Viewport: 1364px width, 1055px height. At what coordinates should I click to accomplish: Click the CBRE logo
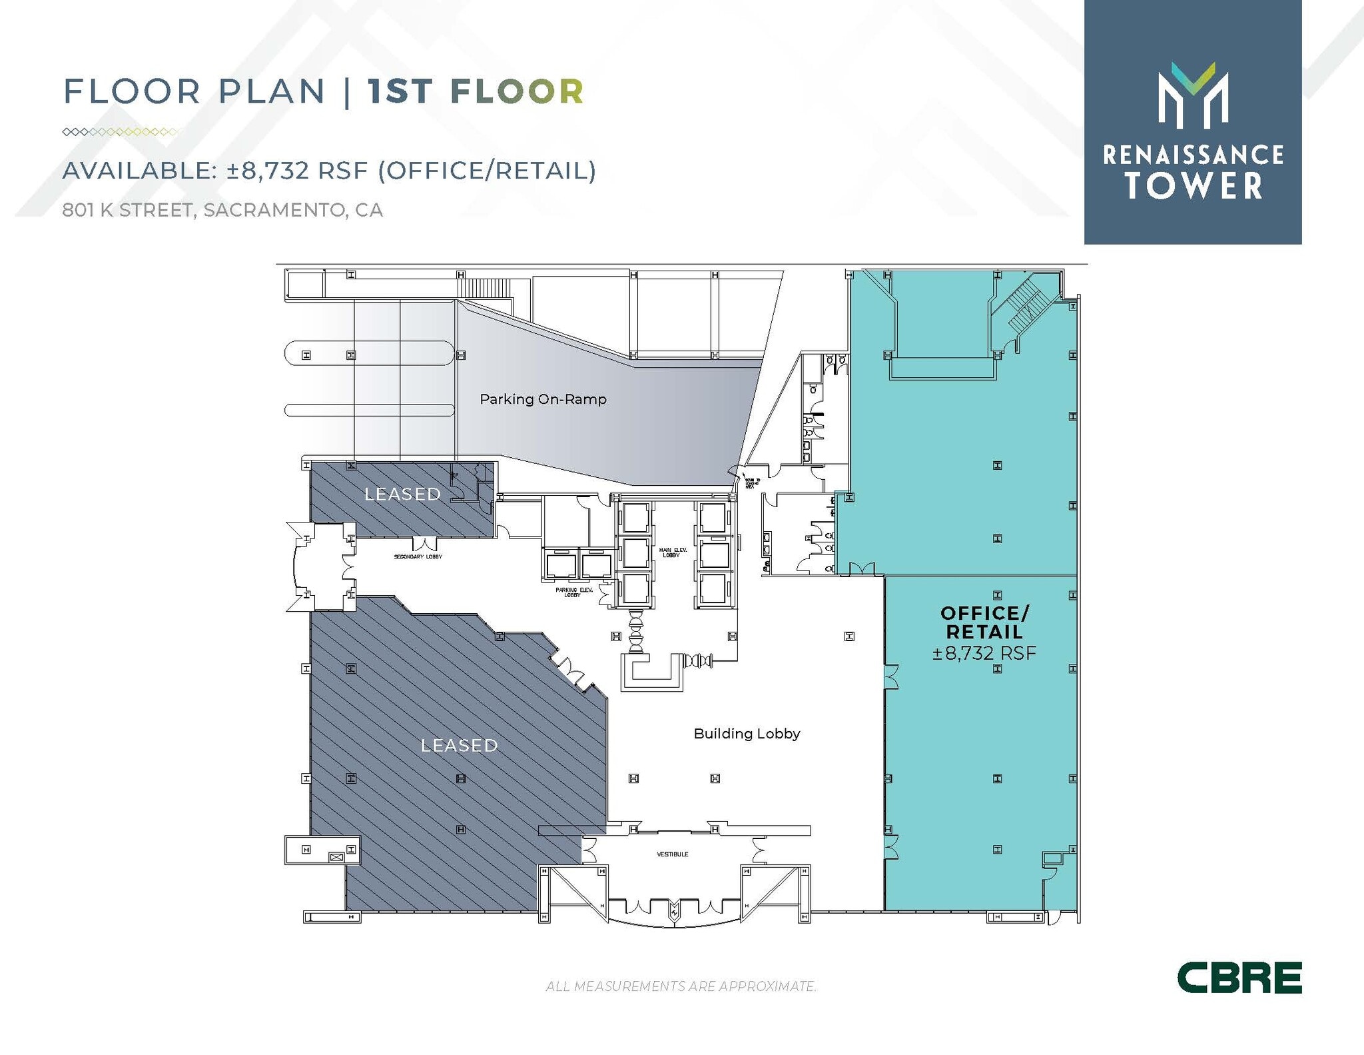tap(1239, 977)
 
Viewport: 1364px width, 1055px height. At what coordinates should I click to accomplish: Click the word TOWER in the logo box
tap(1193, 186)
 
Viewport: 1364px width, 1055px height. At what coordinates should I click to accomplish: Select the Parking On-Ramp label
tap(543, 399)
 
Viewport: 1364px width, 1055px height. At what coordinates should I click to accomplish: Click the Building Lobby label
tap(747, 734)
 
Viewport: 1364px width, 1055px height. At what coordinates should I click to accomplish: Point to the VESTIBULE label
tap(672, 854)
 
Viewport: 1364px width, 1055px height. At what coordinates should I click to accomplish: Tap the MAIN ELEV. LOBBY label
tap(673, 552)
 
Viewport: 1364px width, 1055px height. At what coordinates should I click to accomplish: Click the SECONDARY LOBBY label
tap(418, 556)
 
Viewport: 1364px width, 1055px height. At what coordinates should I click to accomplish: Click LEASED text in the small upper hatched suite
tap(402, 494)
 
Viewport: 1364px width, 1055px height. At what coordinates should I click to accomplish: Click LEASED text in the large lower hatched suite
tap(459, 745)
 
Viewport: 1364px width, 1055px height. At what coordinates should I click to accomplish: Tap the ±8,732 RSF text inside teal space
tap(984, 653)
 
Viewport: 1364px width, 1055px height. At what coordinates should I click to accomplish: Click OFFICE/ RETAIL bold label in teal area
tap(984, 622)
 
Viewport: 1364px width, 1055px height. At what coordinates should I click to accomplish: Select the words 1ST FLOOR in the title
tap(476, 91)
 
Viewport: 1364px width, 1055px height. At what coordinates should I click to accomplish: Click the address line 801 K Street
tap(222, 210)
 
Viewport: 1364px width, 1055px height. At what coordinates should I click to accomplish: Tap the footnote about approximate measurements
tap(681, 986)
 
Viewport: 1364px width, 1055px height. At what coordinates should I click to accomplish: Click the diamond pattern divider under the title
tap(120, 132)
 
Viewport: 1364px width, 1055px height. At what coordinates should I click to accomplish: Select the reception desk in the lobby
tap(651, 673)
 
